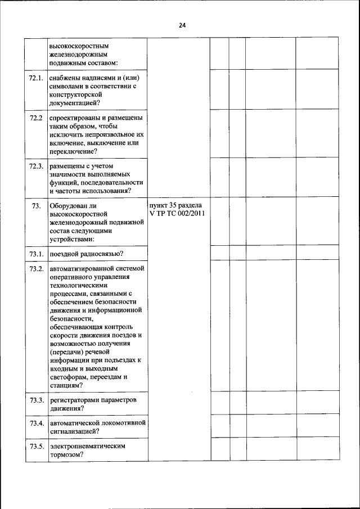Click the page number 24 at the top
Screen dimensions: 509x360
pyautogui.click(x=182, y=25)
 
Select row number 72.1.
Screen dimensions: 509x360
pyautogui.click(x=36, y=78)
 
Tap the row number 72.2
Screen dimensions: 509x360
pyautogui.click(x=36, y=118)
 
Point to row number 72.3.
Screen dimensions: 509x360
pyautogui.click(x=36, y=166)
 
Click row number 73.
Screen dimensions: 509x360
pyautogui.click(x=36, y=206)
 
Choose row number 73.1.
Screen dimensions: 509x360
pyautogui.click(x=36, y=254)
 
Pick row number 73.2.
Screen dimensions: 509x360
pyautogui.click(x=36, y=268)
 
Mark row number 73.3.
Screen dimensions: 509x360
pyautogui.click(x=36, y=400)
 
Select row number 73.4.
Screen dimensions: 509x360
pyautogui.click(x=36, y=423)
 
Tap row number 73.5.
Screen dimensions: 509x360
pyautogui.click(x=36, y=446)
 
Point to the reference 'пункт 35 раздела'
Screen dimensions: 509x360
pyautogui.click(x=175, y=206)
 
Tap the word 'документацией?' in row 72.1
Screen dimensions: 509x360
pyautogui.click(x=75, y=102)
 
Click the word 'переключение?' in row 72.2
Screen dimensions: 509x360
pyautogui.click(x=73, y=151)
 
